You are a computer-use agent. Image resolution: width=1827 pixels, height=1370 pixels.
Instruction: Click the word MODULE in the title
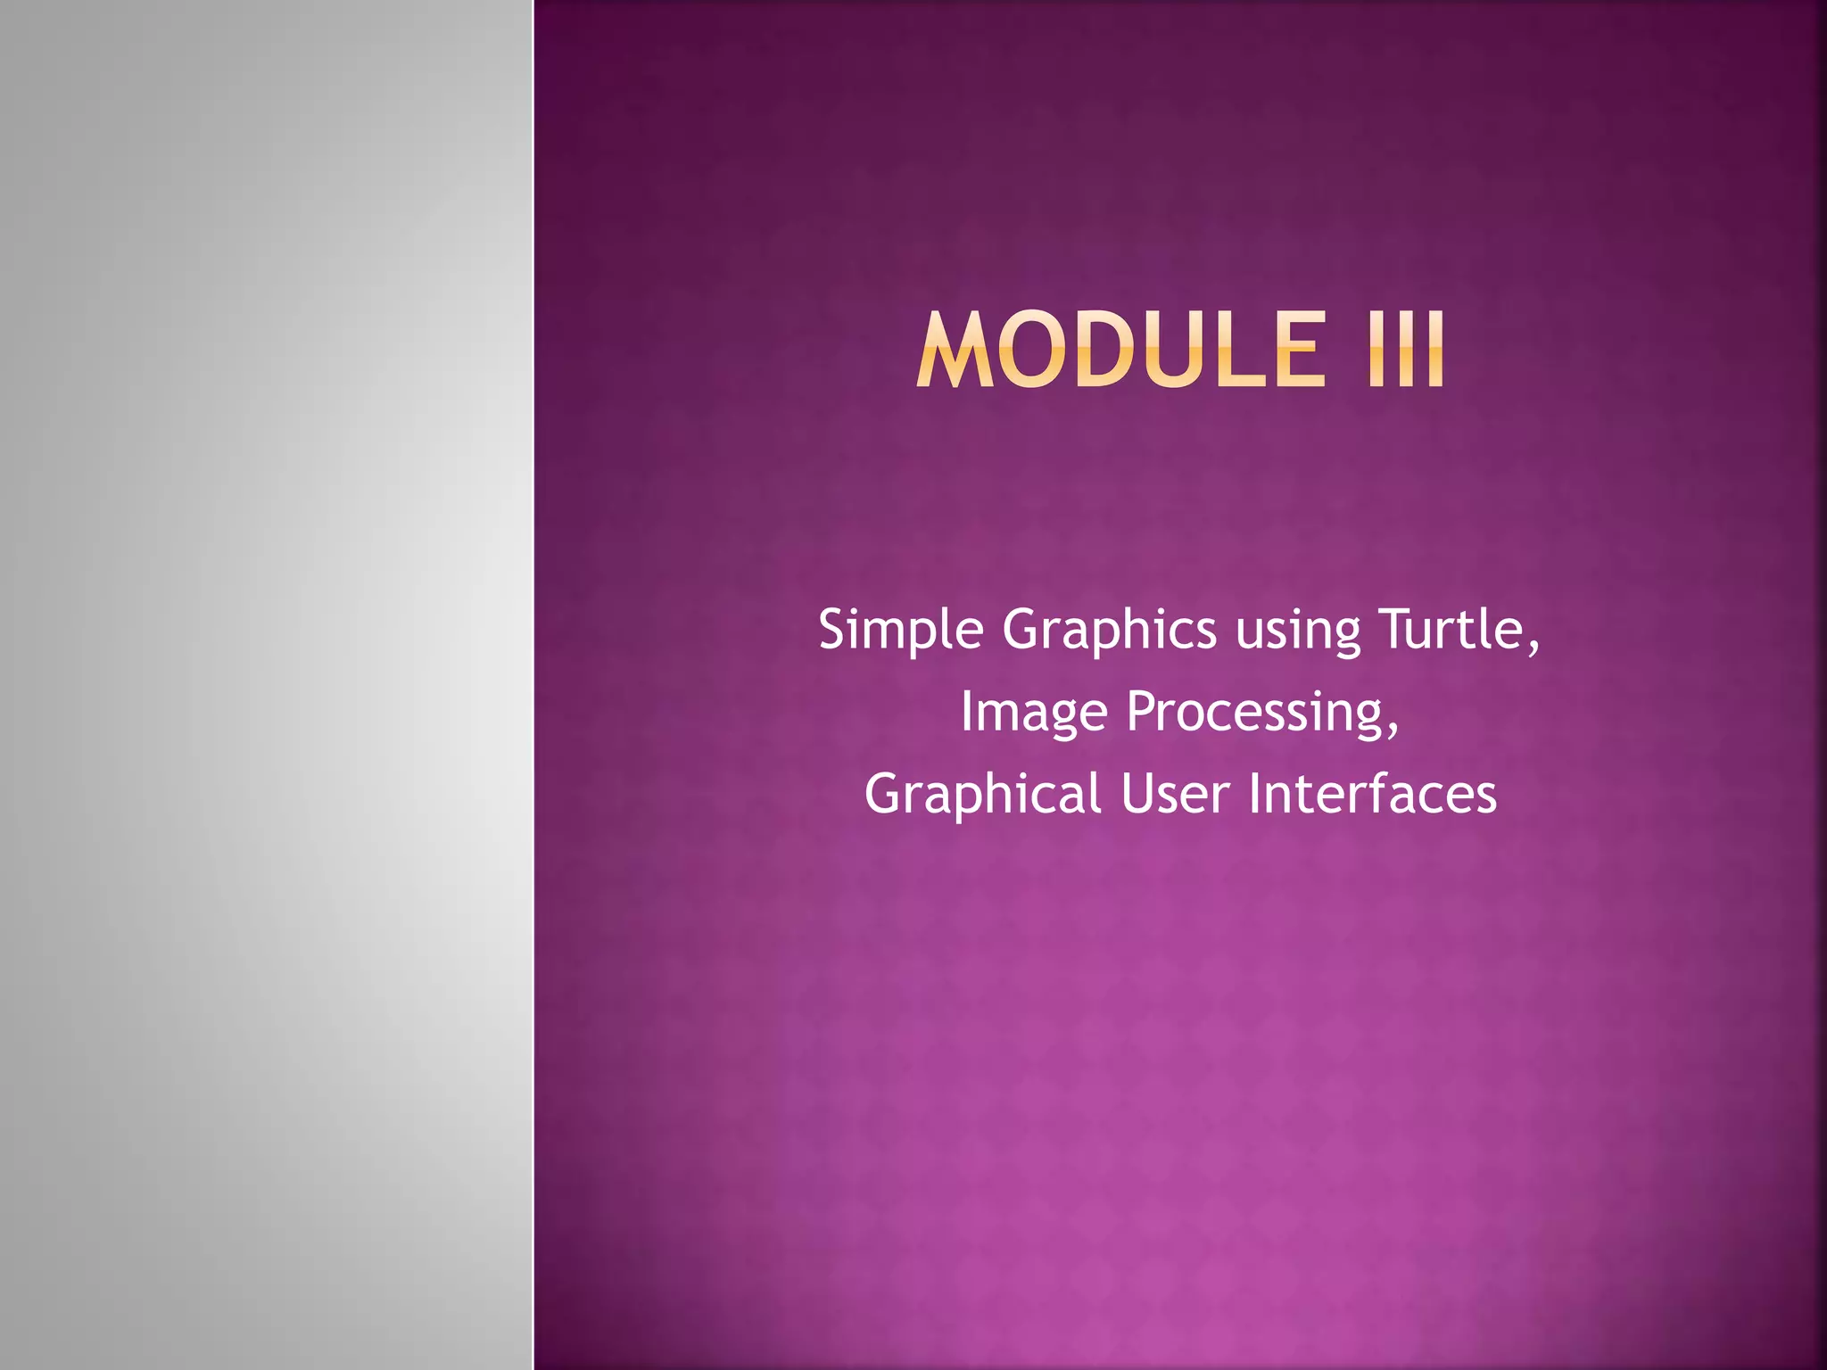pyautogui.click(x=1120, y=351)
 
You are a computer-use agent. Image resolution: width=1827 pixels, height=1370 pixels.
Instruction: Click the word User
pyautogui.click(x=1176, y=794)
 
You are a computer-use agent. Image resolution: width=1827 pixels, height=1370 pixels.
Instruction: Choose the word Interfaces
pyautogui.click(x=1372, y=794)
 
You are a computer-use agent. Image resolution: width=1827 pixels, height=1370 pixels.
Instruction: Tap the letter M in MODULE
pyautogui.click(x=955, y=351)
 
